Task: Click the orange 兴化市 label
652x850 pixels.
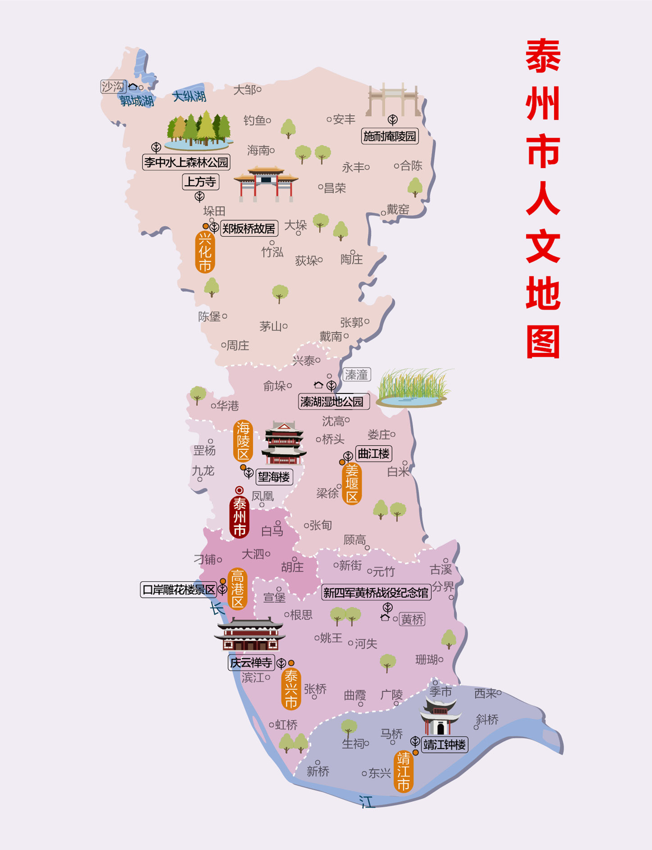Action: coord(205,252)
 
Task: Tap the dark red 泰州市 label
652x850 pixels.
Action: coord(239,517)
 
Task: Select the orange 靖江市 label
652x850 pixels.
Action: coord(403,771)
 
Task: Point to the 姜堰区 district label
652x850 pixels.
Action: coord(351,484)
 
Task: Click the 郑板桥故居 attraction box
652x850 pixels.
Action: coord(249,228)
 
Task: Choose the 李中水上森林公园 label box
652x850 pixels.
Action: coord(186,162)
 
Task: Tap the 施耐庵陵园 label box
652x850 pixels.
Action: coord(390,136)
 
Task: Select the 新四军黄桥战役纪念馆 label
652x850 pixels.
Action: coord(376,593)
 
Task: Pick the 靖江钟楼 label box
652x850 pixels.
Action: coord(444,745)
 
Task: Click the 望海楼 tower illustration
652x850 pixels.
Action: coord(283,443)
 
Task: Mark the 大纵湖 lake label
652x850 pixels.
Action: coord(189,96)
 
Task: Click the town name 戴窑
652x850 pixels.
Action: coord(398,209)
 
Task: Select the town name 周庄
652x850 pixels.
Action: coord(237,346)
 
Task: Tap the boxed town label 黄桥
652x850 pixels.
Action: coord(412,620)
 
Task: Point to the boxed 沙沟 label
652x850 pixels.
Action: coord(113,87)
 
